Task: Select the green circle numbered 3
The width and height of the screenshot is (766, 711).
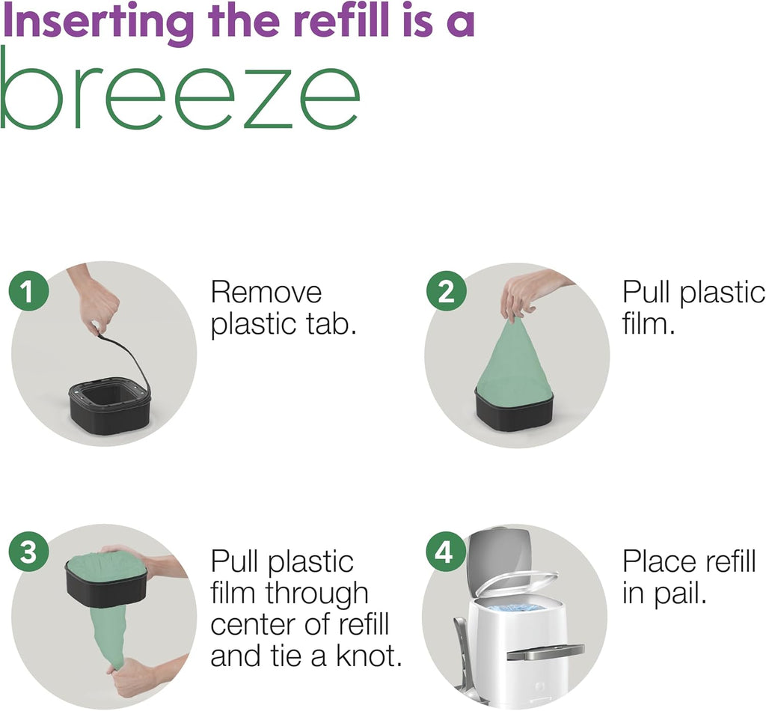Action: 28,552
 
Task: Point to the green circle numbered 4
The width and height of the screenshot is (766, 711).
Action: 445,552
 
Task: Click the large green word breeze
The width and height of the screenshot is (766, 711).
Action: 180,88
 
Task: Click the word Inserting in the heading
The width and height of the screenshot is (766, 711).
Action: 98,22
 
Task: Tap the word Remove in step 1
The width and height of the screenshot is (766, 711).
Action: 266,293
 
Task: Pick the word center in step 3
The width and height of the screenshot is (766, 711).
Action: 252,625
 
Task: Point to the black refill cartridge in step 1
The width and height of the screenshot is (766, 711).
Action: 109,406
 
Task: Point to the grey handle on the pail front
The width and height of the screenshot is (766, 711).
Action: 545,651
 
